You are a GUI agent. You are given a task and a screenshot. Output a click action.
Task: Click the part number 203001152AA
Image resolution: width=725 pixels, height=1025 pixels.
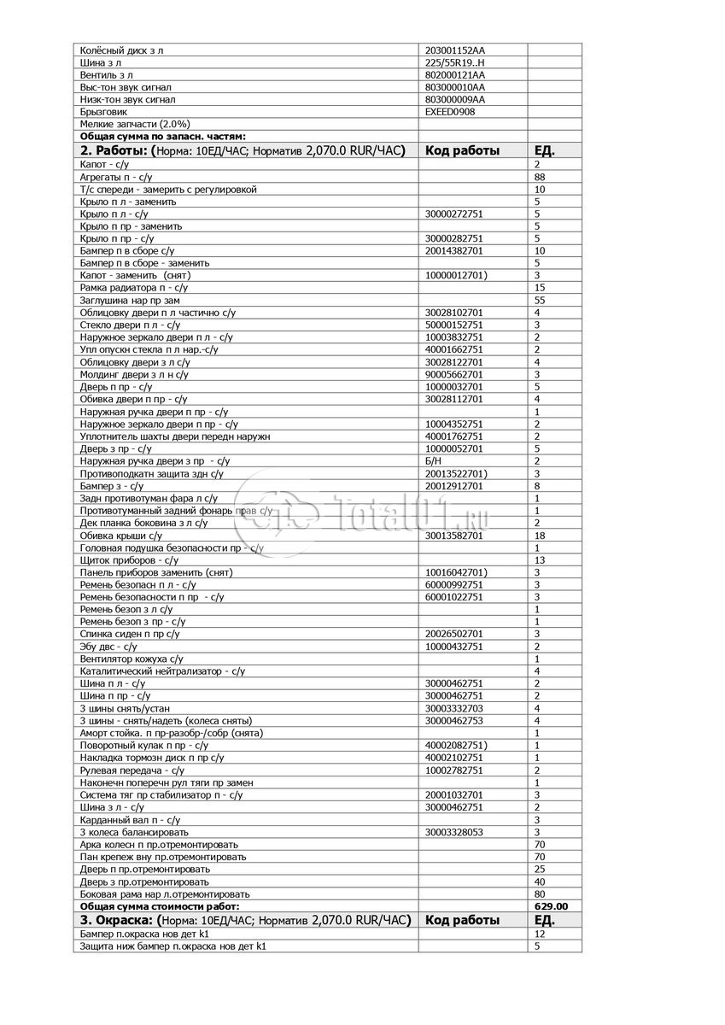tap(454, 50)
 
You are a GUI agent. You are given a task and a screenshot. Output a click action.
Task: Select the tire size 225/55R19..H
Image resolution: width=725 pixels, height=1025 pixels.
tap(453, 62)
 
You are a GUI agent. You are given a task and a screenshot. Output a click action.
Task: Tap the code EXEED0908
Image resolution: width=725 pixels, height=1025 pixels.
tap(450, 111)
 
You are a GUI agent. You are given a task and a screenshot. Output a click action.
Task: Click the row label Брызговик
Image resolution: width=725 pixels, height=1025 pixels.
tap(103, 111)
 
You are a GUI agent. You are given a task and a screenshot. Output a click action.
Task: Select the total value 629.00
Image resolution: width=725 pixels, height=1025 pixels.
tap(552, 905)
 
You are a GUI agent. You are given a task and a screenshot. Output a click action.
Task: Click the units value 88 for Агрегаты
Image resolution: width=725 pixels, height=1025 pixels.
tap(539, 177)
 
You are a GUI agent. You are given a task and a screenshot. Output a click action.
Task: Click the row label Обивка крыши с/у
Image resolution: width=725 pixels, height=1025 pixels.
tap(120, 536)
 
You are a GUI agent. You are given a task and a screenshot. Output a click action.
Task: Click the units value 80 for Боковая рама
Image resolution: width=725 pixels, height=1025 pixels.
tap(539, 893)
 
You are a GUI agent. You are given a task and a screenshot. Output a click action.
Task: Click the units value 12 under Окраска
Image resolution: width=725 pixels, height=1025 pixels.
tap(539, 934)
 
